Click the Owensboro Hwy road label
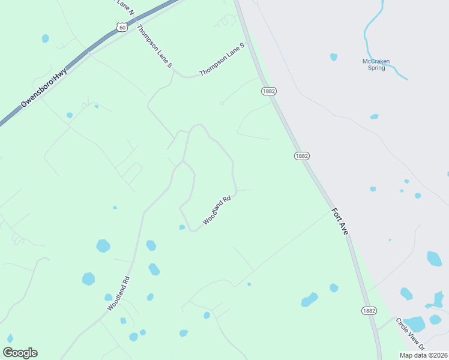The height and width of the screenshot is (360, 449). (43, 88)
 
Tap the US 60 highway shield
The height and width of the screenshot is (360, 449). (122, 28)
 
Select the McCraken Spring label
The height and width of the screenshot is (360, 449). (376, 64)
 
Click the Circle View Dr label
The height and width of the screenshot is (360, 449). (410, 334)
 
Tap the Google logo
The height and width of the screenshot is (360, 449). (20, 353)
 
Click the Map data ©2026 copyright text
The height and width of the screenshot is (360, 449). (423, 355)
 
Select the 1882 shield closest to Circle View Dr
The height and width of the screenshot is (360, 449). (369, 310)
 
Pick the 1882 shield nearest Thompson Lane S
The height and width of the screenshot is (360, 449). (268, 91)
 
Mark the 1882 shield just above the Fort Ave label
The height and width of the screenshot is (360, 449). (301, 155)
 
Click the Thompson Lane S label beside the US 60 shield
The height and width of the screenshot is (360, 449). (154, 46)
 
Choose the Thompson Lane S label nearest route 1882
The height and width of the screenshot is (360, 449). (222, 59)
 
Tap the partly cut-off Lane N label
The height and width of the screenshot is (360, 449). (125, 5)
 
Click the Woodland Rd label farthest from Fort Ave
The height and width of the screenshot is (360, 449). (119, 293)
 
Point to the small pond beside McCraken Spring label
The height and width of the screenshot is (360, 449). (334, 57)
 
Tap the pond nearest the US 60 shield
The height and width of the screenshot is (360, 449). (45, 38)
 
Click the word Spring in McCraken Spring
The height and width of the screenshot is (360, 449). (376, 68)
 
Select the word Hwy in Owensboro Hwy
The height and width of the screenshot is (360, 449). (59, 74)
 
